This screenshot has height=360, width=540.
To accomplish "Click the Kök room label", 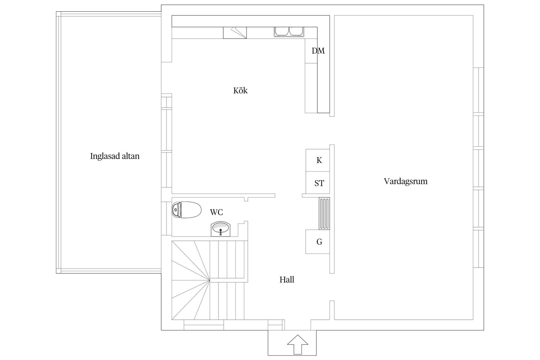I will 240,91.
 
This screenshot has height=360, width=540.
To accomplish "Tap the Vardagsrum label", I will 405,181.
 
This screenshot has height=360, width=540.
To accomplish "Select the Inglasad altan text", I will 115,156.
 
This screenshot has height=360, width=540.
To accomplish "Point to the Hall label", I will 287,280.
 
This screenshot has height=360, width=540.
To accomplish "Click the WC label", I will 216,212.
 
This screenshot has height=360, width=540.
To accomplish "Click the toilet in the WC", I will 186,210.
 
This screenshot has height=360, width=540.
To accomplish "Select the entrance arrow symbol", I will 298,344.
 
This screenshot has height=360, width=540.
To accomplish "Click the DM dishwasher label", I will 318,51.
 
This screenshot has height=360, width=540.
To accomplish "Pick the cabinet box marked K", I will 318,160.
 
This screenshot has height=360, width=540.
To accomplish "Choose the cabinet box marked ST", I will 318,183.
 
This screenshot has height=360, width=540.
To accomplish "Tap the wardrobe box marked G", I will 318,242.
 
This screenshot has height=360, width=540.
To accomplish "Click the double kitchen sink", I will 289,31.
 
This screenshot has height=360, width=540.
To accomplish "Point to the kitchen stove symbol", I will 235,33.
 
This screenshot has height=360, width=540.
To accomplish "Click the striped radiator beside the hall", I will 324,213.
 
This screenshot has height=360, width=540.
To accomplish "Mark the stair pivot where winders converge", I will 210,280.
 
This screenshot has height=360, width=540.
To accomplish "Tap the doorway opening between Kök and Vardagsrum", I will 332,130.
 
